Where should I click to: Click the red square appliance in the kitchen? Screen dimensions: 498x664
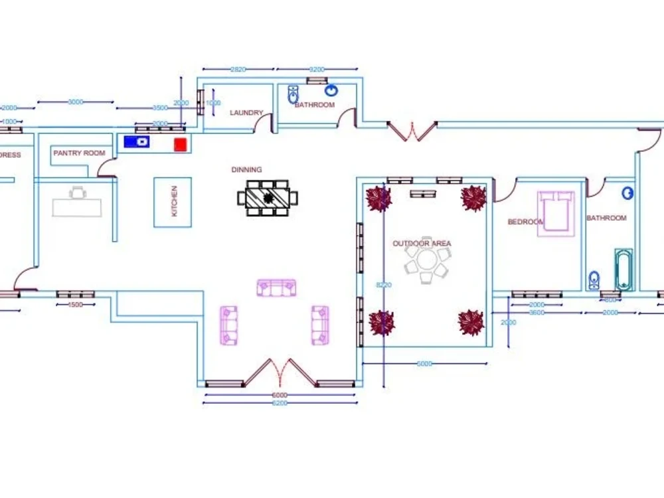[x=179, y=143]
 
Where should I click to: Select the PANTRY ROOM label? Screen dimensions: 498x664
[x=79, y=153]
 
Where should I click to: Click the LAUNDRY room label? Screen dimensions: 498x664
[x=246, y=113]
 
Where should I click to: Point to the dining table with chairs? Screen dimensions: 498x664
[x=268, y=197]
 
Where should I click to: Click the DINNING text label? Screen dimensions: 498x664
[x=246, y=170]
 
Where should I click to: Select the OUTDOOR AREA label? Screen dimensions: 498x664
[x=422, y=244]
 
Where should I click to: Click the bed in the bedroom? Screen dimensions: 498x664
[x=556, y=212]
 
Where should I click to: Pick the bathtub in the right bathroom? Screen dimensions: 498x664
[x=623, y=270]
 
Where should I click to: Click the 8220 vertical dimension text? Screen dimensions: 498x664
[x=383, y=284]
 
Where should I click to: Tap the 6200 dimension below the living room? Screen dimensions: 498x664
[x=280, y=403]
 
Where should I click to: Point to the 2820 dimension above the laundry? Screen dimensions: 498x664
[x=238, y=69]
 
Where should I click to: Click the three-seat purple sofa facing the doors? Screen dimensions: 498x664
[x=276, y=288]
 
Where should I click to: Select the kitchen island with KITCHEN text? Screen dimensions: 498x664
[x=173, y=202]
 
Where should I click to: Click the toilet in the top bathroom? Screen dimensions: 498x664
[x=293, y=96]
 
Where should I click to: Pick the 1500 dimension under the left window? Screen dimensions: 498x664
[x=76, y=305]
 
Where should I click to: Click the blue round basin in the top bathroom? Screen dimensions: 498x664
[x=331, y=91]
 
